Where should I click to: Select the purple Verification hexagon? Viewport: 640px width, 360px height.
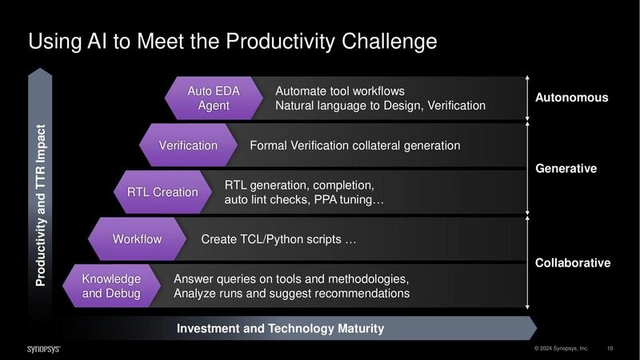(188, 146)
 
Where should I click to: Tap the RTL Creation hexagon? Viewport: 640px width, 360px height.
(162, 192)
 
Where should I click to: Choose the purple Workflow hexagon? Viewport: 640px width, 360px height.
(137, 239)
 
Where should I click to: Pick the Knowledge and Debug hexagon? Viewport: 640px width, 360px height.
(111, 286)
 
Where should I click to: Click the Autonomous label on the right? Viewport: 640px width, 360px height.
(571, 98)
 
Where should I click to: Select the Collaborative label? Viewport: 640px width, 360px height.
(572, 262)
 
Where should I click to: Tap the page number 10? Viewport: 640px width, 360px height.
(610, 349)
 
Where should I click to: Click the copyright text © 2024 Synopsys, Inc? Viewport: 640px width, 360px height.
(561, 349)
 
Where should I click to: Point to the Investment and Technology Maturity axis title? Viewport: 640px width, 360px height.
(280, 329)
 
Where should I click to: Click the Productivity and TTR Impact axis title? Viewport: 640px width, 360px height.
(41, 205)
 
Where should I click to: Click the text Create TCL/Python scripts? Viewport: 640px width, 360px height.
(278, 239)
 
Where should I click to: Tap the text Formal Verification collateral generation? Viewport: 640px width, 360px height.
(354, 146)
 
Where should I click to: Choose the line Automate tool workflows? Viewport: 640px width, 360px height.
(340, 90)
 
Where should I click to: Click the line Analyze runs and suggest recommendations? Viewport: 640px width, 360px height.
(291, 294)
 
